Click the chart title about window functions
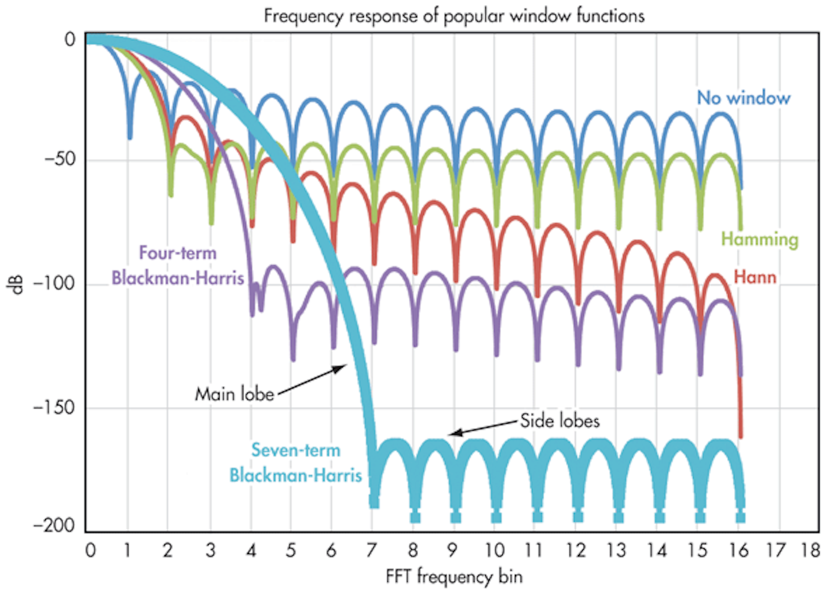454,16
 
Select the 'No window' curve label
743,98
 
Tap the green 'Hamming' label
759,239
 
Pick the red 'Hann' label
755,277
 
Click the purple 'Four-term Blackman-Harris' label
178,266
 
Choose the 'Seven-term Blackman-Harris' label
295,462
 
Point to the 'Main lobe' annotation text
235,394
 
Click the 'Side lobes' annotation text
559,421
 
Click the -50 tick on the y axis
60,159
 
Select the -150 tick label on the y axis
56,407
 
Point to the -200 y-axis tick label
56,526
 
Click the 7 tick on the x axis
371,550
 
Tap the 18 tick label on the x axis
811,550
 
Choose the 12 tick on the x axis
576,550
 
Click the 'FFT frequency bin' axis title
454,577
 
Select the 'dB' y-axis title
17,284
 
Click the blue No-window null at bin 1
130,137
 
